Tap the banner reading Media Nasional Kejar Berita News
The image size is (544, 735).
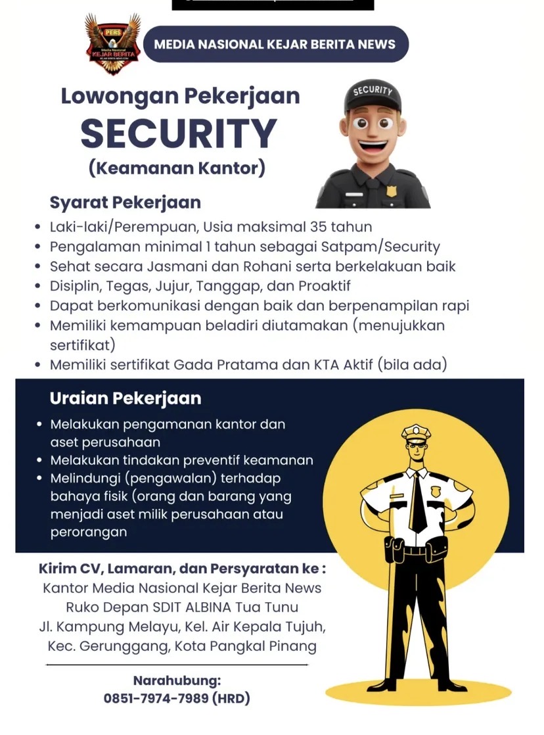pyautogui.click(x=275, y=45)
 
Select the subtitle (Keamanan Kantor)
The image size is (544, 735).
pyautogui.click(x=177, y=168)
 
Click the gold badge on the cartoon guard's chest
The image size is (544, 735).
pyautogui.click(x=392, y=191)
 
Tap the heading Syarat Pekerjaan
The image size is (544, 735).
pyautogui.click(x=125, y=202)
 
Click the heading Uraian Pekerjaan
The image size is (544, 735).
pyautogui.click(x=125, y=398)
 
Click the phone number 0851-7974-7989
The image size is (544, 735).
pyautogui.click(x=156, y=698)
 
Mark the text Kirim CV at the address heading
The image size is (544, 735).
pyautogui.click(x=68, y=569)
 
